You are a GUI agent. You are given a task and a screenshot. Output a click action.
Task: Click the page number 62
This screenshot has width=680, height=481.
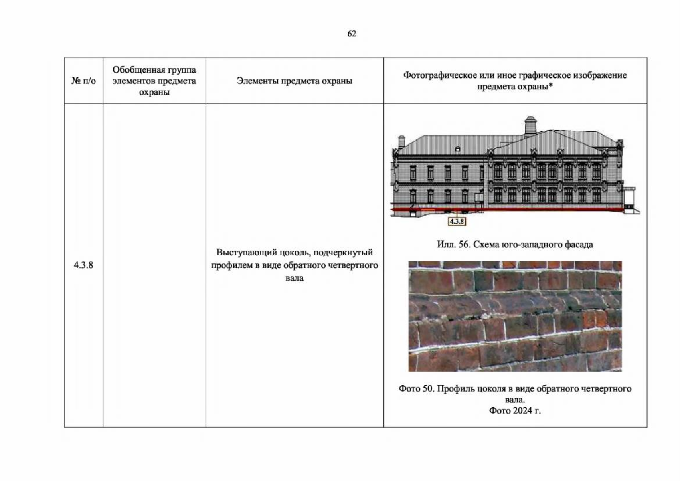point(352,34)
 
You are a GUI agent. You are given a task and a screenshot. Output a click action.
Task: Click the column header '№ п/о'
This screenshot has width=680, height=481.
point(83,81)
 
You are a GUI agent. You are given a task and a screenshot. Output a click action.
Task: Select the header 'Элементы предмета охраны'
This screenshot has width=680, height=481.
point(294,81)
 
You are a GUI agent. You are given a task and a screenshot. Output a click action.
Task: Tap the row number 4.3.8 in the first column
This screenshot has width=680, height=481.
point(83,265)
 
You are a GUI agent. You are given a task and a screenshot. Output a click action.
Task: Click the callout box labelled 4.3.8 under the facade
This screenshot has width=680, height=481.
point(457,221)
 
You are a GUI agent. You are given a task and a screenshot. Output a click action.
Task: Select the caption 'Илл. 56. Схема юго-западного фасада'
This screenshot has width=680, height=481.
point(515,244)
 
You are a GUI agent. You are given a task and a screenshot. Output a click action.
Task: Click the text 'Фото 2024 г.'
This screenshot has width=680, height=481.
point(515,410)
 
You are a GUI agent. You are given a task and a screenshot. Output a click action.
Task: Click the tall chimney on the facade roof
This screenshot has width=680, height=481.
point(530,126)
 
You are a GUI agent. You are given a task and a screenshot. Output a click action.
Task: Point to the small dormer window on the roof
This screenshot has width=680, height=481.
point(458,149)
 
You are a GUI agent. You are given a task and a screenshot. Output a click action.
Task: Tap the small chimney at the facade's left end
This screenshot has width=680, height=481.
point(401,141)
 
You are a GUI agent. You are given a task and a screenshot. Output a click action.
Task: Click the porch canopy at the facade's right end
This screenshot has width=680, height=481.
point(630,189)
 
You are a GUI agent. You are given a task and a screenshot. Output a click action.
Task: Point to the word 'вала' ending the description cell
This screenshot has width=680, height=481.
point(294,278)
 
